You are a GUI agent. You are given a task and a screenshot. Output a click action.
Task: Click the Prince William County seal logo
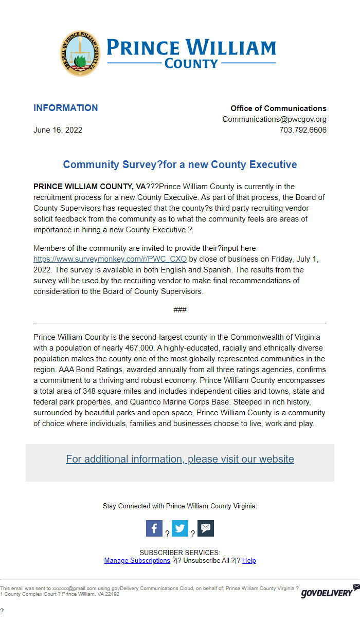point(80,53)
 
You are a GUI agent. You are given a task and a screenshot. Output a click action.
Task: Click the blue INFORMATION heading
point(65,108)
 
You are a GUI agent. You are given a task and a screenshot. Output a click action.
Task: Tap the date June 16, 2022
point(58,130)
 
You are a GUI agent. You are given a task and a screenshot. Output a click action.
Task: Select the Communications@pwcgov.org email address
point(274,119)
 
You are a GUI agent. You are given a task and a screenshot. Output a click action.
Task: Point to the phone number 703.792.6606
point(302,130)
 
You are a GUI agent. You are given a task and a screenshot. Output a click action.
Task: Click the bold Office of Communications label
point(278,108)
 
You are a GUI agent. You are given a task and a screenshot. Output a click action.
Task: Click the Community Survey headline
point(179,165)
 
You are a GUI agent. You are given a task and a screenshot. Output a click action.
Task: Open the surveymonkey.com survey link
point(110,259)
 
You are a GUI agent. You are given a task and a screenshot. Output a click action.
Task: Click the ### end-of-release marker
point(179,309)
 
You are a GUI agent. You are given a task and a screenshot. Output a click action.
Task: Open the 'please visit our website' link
point(179,459)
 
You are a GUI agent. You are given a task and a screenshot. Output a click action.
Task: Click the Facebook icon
point(154,528)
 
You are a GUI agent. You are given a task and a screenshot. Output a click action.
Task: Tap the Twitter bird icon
point(180,528)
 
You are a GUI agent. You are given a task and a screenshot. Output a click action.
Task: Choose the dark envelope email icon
point(206,528)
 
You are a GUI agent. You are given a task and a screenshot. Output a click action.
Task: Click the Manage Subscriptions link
point(137,560)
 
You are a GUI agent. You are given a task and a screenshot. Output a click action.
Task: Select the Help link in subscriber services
point(249,560)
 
